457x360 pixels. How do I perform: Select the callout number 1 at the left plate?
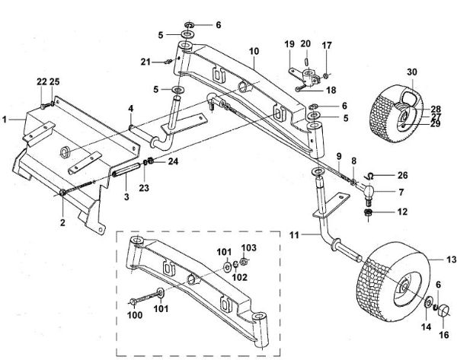(6, 119)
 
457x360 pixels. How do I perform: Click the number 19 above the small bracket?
(289, 43)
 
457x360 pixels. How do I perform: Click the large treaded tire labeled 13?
(388, 282)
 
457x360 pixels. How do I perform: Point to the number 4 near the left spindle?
(130, 107)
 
